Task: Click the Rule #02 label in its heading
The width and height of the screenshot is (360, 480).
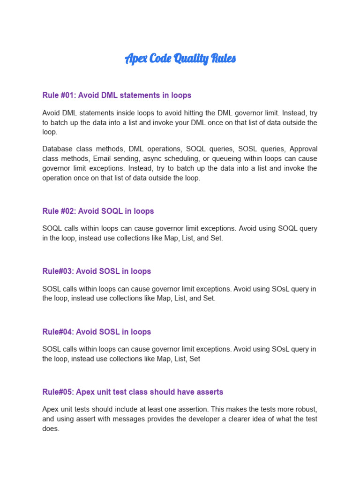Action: pos(59,211)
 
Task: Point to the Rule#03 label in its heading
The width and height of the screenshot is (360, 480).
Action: pos(57,271)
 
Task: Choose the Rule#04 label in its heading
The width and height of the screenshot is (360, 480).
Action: pos(57,331)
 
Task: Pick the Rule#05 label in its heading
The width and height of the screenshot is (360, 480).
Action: pos(57,391)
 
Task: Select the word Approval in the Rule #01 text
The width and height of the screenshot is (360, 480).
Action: pos(303,149)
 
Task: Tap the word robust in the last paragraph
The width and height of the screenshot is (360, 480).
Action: pos(305,409)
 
